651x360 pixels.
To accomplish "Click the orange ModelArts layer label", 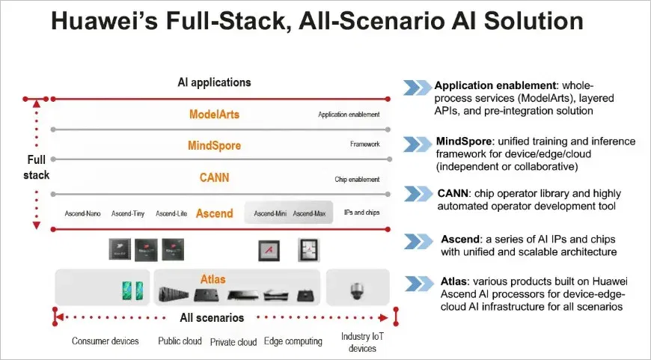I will click(214, 115).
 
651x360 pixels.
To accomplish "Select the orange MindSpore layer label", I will click(214, 145).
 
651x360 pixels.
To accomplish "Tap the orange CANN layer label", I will click(214, 178).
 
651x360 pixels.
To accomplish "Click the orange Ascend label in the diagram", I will click(215, 213).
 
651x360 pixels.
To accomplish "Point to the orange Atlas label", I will click(213, 279).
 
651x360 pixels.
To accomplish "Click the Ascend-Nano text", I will click(82, 214).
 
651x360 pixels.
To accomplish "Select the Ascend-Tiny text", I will click(128, 214).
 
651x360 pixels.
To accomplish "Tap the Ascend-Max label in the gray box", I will click(309, 214).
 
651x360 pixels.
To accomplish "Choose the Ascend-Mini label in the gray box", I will click(270, 214).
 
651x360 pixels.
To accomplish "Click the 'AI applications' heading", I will click(214, 82).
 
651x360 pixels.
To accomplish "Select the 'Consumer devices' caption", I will click(106, 341).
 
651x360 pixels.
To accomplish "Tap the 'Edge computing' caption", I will click(293, 341).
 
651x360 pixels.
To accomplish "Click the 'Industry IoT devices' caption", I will click(361, 343).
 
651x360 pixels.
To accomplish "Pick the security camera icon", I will click(356, 288).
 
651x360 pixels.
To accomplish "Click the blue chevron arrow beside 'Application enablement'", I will click(417, 88).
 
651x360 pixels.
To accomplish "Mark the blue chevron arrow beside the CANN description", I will click(417, 195).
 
